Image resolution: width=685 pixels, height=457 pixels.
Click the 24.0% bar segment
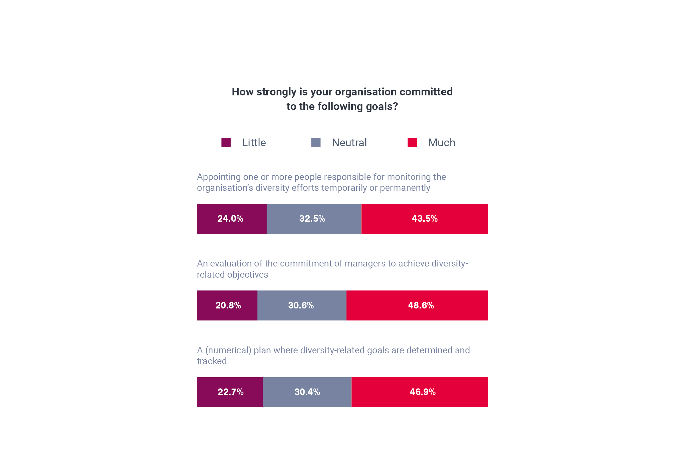pos(231,219)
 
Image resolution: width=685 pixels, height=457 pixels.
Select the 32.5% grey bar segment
pos(314,219)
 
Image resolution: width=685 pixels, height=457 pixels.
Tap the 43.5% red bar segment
pos(425,219)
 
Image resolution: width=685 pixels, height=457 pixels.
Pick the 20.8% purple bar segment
pos(227,305)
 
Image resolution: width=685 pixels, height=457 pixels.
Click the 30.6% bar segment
pos(302,305)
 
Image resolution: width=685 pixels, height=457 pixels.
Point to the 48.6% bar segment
pos(417,305)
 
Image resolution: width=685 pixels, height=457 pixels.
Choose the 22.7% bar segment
pos(230,392)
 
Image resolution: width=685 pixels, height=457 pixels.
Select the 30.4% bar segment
pos(307,392)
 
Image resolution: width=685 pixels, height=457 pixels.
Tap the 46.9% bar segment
pos(420,392)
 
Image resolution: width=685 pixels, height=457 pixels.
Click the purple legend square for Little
pos(226,143)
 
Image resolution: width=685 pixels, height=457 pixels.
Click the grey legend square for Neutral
pos(316,143)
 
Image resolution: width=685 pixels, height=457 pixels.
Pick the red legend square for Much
pos(412,143)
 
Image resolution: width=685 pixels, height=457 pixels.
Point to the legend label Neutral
pos(349,143)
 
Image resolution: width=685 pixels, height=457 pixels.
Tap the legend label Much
pos(442,143)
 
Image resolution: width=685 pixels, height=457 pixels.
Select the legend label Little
pos(254,143)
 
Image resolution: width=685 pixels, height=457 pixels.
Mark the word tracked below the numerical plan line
pos(212,361)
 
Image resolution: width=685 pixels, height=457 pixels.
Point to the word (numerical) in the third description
pos(228,350)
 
